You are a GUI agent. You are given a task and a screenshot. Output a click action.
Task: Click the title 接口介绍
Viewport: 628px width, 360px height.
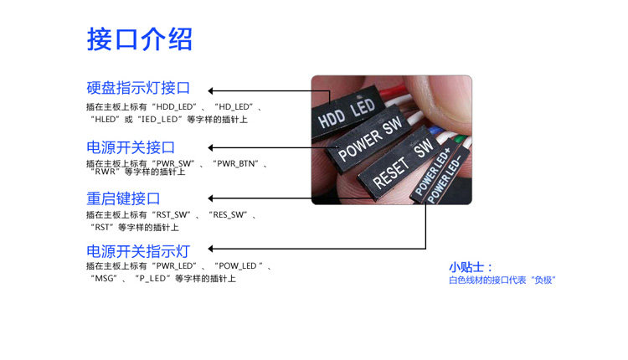140,39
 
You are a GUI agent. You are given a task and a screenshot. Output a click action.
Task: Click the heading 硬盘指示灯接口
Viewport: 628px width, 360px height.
138,88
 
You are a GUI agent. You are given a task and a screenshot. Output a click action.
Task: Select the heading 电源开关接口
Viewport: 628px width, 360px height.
131,147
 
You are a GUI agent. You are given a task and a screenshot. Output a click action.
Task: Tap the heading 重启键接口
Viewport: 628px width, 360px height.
123,199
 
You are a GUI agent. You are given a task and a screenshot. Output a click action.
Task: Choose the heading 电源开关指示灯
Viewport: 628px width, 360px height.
138,250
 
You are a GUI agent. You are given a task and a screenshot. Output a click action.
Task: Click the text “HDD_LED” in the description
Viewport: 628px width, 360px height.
175,107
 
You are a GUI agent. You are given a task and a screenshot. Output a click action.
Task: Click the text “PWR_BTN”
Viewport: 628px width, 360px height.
239,163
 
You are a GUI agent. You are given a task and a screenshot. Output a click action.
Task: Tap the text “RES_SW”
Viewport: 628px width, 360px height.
229,215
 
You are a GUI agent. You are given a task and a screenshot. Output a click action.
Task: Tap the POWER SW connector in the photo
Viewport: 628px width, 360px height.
370,140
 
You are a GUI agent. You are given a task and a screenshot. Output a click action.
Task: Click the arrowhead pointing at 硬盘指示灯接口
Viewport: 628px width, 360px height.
213,90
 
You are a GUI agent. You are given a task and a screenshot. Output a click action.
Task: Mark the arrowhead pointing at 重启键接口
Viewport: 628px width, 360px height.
213,198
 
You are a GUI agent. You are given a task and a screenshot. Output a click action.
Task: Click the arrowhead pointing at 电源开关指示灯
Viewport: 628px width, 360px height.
213,249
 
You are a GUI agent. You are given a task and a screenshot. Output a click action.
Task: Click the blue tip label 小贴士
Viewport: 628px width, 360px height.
471,267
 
